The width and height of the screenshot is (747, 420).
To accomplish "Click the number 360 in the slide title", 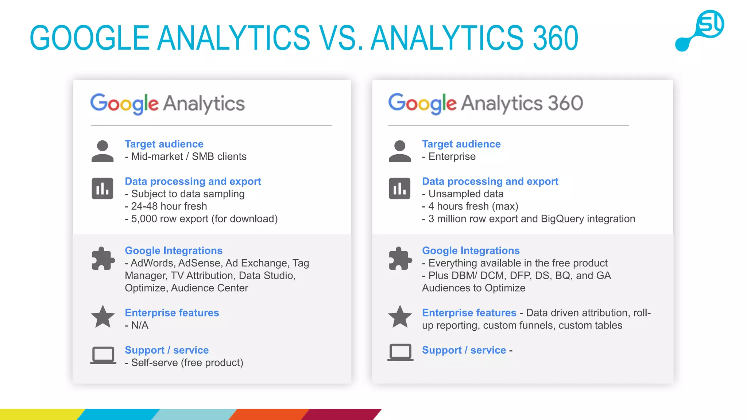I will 555,38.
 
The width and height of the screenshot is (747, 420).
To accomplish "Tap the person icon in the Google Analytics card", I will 102,151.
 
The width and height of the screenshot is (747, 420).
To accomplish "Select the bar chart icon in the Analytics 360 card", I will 400,188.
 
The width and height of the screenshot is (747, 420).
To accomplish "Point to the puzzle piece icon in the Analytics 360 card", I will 400,258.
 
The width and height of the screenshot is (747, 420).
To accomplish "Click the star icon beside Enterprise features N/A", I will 103,316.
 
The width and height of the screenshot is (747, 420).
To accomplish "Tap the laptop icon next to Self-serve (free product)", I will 103,355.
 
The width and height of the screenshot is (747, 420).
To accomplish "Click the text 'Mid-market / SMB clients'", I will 188,157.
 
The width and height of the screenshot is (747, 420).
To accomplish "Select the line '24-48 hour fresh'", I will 169,206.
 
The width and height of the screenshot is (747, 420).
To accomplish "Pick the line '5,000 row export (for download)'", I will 204,219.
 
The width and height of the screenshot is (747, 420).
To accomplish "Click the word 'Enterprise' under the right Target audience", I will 452,157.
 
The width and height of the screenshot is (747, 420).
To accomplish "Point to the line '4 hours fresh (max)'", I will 473,206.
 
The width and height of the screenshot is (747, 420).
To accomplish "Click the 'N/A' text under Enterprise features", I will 139,325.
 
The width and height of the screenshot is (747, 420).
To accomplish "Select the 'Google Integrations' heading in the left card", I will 174,251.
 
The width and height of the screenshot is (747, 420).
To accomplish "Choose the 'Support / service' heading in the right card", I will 464,350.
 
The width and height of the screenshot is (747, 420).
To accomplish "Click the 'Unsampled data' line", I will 465,194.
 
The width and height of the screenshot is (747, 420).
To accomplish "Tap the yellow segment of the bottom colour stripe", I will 40,415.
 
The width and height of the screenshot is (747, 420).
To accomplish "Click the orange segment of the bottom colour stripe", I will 270,415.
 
